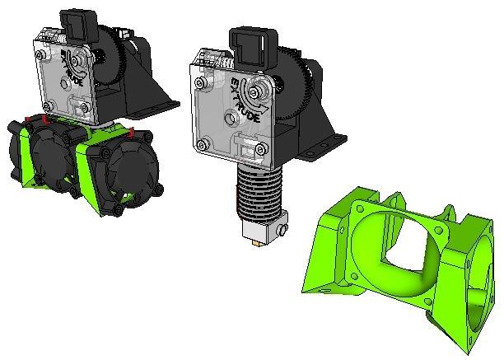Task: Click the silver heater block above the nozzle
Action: tap(265, 227)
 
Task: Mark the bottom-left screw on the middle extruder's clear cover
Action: tap(203, 143)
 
